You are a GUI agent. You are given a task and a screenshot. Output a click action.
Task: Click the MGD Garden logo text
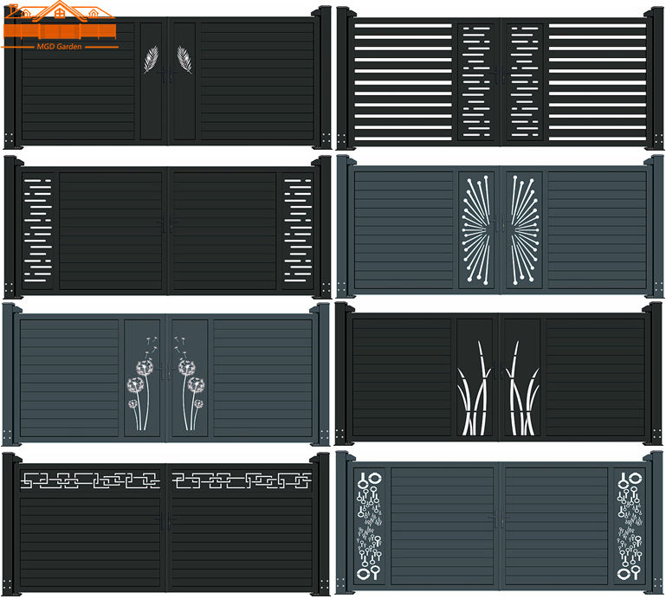(59, 46)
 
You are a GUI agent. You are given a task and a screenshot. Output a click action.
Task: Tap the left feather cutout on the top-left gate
(151, 59)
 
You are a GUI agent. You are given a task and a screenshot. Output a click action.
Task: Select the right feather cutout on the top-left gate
(184, 59)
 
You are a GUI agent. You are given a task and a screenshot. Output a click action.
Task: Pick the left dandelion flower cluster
(139, 381)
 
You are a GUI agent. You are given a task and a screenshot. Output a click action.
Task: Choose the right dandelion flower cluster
(191, 381)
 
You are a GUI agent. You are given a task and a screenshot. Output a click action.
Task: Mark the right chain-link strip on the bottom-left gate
(241, 479)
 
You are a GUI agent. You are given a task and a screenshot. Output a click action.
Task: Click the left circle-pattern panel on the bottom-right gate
(370, 525)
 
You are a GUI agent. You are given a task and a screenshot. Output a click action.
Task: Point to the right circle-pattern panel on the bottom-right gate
(629, 525)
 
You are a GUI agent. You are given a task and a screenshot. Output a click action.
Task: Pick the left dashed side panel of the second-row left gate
(39, 229)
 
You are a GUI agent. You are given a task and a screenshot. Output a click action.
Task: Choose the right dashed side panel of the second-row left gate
(298, 229)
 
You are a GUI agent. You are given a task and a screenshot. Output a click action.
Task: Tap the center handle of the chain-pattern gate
(165, 522)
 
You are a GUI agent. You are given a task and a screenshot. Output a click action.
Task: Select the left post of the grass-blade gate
(343, 372)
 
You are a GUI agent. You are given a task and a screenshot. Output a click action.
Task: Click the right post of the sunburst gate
(656, 227)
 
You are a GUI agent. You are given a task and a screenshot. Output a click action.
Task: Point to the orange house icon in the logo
(58, 17)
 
